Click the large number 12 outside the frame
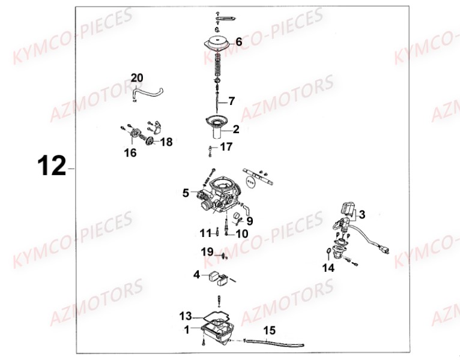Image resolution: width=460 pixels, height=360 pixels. [52, 166]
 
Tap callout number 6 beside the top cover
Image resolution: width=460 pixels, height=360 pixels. [239, 41]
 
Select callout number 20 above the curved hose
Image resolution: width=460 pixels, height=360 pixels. [137, 78]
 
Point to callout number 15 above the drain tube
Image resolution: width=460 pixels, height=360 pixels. [269, 331]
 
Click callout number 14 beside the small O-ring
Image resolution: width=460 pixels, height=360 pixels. [328, 268]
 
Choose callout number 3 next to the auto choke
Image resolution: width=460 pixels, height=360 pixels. [362, 214]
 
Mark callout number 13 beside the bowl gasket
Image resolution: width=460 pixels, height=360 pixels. [186, 316]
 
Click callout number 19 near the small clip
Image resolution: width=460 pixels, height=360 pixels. [207, 252]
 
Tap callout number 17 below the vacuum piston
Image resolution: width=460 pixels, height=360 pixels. [226, 146]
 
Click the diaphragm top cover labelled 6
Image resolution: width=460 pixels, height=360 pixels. [217, 43]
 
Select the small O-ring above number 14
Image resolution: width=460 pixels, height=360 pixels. [329, 250]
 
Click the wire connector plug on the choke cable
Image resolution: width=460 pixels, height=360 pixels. [384, 250]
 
